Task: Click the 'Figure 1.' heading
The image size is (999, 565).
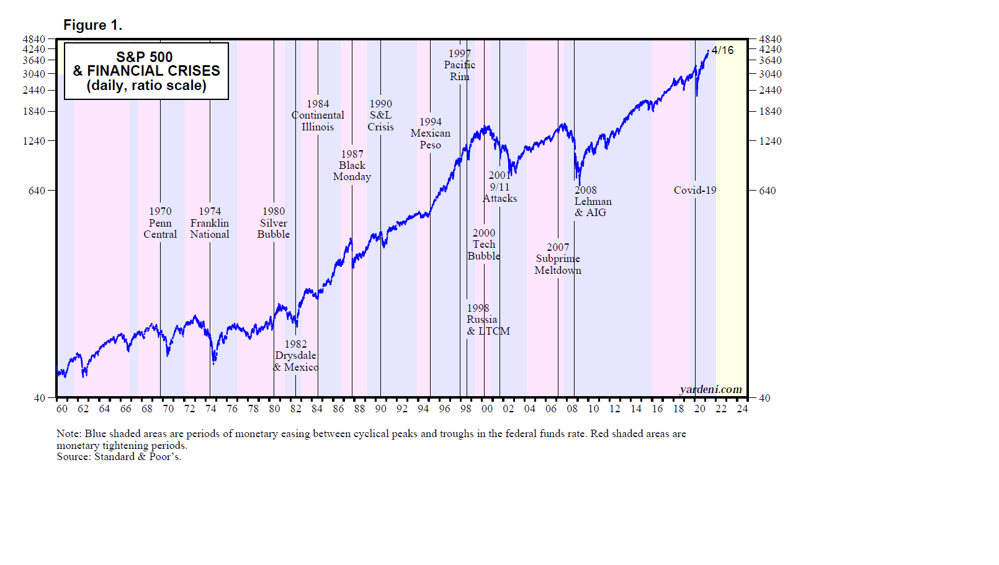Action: [92, 25]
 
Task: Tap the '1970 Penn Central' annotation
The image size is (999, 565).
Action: [160, 223]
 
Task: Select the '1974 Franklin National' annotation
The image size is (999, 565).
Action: [210, 223]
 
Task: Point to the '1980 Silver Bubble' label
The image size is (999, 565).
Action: [274, 223]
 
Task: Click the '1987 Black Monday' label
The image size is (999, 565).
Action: [352, 165]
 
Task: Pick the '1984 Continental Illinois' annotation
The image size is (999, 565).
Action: [318, 115]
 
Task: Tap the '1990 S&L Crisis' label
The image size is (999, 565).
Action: [380, 115]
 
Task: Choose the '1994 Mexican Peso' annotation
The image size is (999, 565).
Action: [430, 133]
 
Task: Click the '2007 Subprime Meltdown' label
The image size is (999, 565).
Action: [558, 258]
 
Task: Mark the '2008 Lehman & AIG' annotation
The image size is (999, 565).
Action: [593, 201]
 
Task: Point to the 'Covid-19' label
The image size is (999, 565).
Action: [695, 190]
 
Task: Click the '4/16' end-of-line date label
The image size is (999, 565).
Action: [722, 50]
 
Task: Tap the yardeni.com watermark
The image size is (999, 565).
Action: [710, 389]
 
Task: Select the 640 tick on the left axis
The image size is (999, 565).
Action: [37, 191]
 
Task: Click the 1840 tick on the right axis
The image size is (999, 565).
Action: [770, 111]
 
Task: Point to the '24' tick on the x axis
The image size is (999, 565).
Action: [742, 409]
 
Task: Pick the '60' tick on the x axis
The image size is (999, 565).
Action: [62, 409]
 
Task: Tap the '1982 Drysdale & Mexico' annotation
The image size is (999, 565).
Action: [296, 355]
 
